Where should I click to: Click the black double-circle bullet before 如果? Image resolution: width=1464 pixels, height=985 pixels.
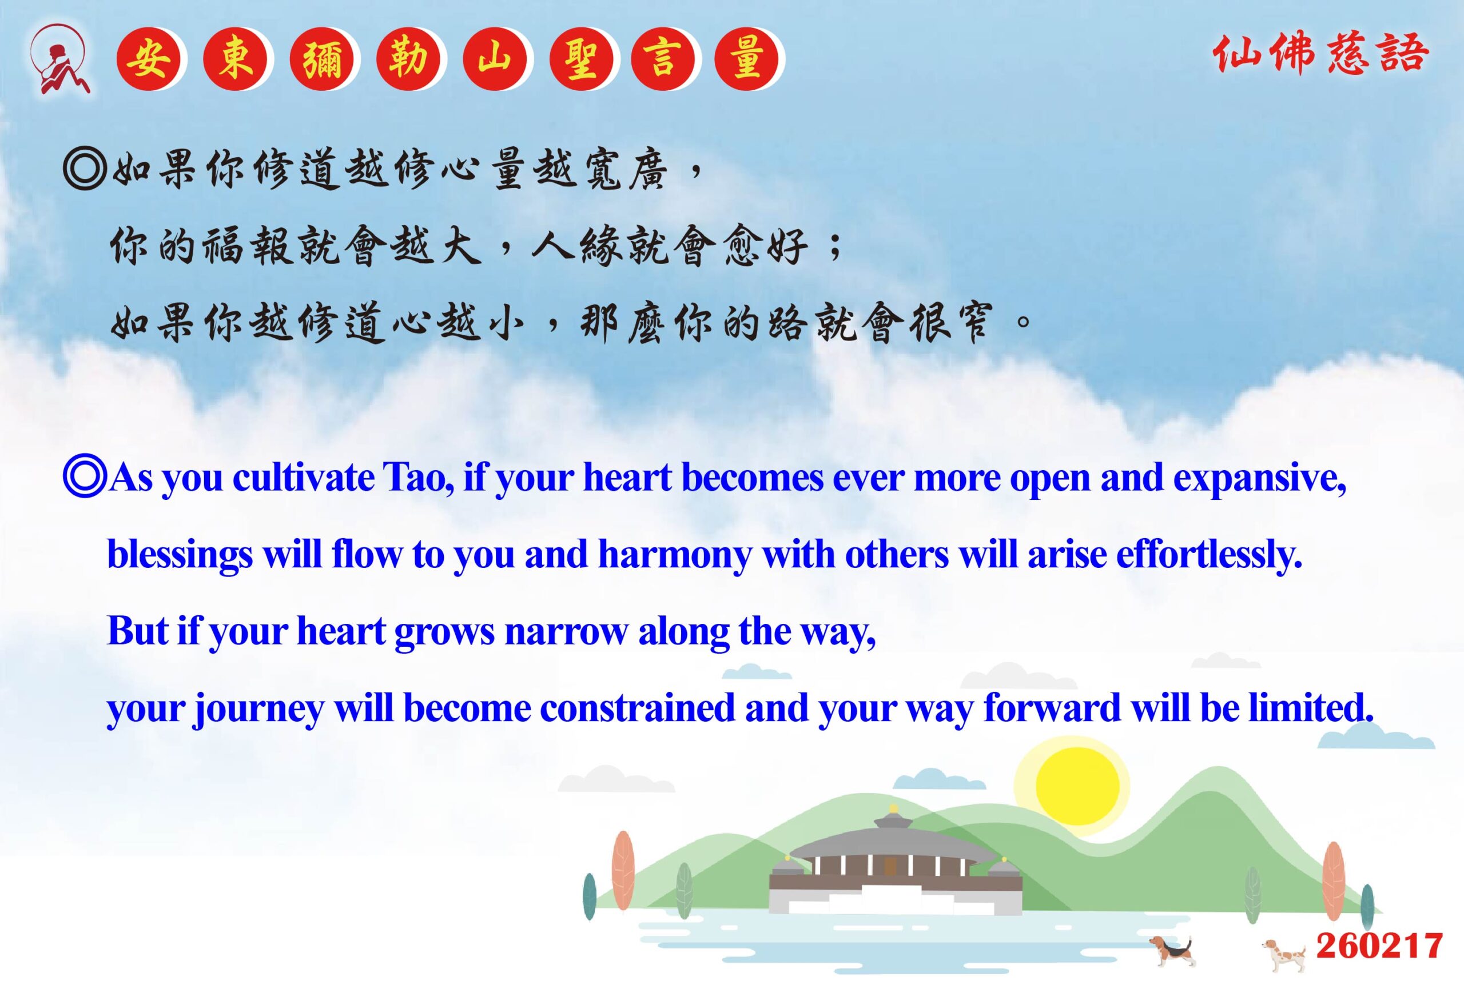coord(84,169)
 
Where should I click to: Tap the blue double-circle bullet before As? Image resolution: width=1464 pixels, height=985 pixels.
coord(84,478)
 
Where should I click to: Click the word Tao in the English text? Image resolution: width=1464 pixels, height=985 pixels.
coord(417,478)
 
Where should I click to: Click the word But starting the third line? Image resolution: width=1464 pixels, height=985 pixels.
coord(138,631)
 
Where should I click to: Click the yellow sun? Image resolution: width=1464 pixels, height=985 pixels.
coord(1077,786)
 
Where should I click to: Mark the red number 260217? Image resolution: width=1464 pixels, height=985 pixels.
coord(1379,946)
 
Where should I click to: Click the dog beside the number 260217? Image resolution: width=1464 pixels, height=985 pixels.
coord(1285,955)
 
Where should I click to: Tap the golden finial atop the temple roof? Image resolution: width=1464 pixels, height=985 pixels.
coord(893,808)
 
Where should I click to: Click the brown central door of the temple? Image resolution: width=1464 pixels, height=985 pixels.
coord(889,867)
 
